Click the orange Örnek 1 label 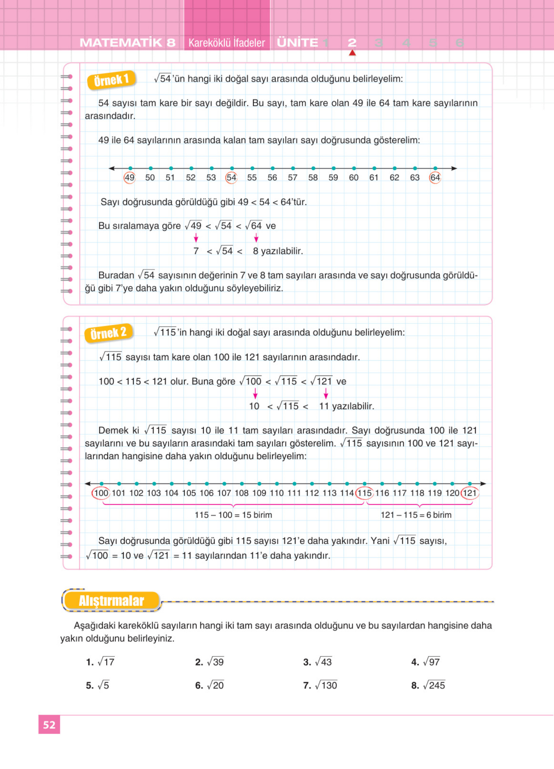click(111, 80)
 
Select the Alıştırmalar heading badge click(111, 601)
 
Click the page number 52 click(49, 725)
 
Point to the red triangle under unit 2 click(352, 53)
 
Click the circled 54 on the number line click(231, 177)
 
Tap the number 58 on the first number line click(313, 177)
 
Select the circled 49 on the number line click(130, 177)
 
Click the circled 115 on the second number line click(364, 493)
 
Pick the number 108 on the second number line click(242, 493)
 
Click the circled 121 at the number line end click(470, 493)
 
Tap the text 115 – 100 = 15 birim click(233, 515)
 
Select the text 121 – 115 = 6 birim click(416, 515)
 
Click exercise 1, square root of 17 click(100, 662)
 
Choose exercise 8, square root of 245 click(428, 685)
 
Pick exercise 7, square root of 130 click(320, 685)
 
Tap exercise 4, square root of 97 click(426, 662)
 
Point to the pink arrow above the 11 click(326, 393)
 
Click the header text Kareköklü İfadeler click(227, 43)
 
